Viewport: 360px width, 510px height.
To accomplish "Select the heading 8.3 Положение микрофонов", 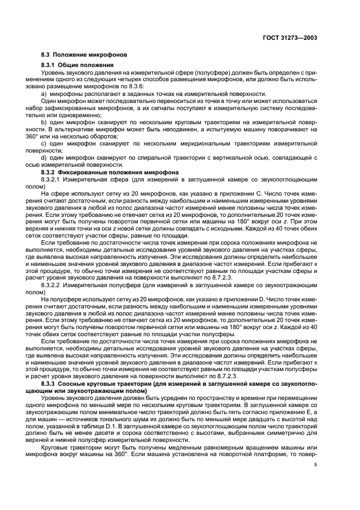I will tap(84, 55).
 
